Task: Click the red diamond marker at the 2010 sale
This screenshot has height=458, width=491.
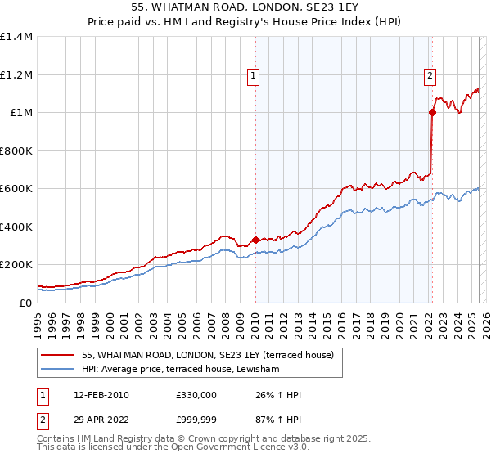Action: coord(255,240)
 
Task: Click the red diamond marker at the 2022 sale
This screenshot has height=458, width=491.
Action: coord(432,113)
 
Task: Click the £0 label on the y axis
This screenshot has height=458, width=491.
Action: coord(25,303)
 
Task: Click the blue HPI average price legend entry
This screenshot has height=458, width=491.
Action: coord(180,370)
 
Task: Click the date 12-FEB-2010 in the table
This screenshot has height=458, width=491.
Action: coord(101,395)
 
